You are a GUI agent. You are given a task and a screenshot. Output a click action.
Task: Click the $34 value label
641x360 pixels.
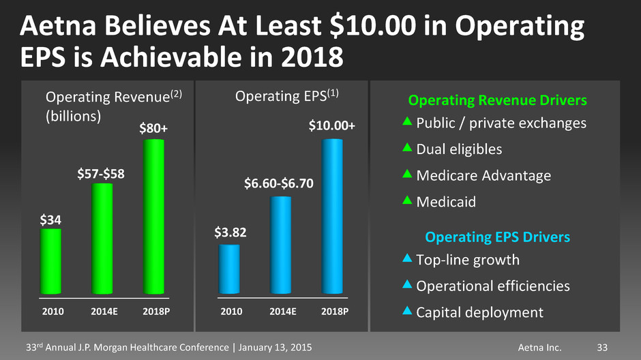pos(50,220)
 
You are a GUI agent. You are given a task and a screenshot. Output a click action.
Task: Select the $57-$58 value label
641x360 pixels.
pos(102,175)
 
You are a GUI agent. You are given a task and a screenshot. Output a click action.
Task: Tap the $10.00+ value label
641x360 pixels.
pos(331,126)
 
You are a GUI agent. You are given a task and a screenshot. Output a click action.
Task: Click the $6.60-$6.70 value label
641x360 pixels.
pos(280,183)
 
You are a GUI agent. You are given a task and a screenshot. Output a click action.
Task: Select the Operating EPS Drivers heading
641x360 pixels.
pos(498,237)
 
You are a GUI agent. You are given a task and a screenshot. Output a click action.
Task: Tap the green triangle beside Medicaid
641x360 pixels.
pos(406,200)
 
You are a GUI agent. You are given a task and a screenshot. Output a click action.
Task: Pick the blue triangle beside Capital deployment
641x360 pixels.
pos(406,311)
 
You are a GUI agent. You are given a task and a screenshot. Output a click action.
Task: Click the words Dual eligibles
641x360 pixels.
pos(459,149)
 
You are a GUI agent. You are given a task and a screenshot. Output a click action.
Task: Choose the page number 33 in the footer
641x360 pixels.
pos(601,348)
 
